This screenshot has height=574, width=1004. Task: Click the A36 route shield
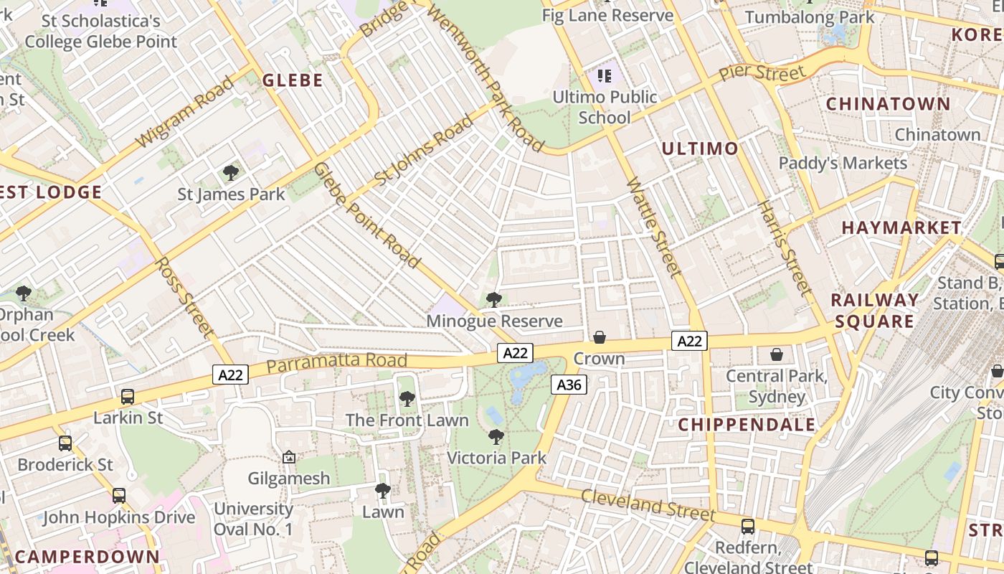coord(569,385)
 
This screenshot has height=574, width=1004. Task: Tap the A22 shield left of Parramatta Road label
coord(230,374)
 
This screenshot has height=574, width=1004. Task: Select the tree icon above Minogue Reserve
coord(493,300)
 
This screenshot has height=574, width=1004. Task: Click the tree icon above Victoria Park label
coord(496,436)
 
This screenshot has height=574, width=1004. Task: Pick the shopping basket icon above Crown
coord(600,337)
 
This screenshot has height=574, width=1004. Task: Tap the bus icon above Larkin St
coord(128,396)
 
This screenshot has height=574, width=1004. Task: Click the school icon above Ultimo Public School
coord(605,75)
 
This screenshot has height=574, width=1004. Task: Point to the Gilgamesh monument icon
coord(289,457)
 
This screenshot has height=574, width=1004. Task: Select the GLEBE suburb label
coord(292,80)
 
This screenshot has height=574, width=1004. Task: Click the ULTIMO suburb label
coord(699,149)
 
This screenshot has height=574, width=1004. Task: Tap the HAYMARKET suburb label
coord(901,227)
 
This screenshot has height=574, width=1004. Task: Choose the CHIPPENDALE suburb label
coord(747,424)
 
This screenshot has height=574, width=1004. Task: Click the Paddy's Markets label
coord(843,163)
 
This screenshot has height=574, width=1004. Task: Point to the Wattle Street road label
coord(653,227)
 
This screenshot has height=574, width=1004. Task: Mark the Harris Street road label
coord(785,248)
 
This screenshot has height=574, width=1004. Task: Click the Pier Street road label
coord(762,73)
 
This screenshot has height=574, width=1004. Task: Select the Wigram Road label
coord(185,113)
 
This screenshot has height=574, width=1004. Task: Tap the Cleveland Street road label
coord(648,505)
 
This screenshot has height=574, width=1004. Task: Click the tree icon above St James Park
coord(231,172)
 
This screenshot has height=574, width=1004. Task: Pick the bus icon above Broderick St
coord(65,443)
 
